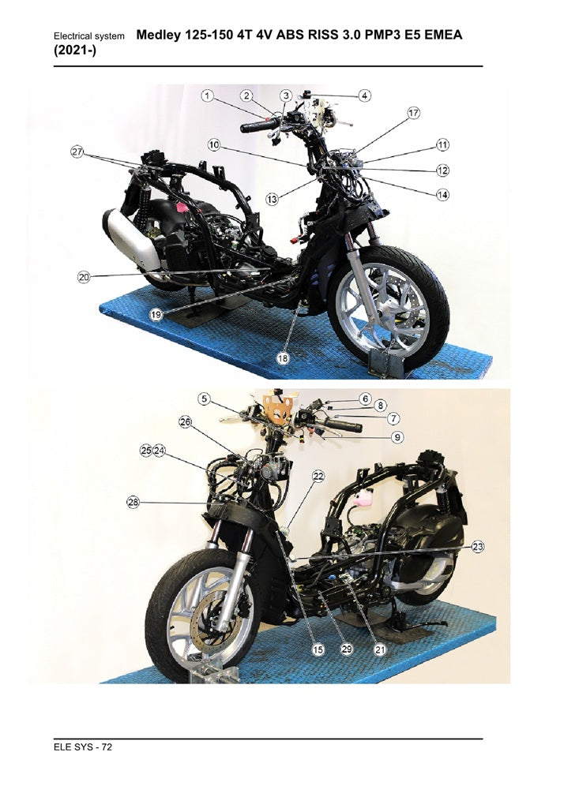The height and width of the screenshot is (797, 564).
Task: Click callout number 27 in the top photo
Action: point(77,152)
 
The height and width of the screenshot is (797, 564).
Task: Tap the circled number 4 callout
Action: point(364,95)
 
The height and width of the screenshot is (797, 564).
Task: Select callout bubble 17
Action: point(413,112)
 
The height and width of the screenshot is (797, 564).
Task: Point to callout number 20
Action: point(84,277)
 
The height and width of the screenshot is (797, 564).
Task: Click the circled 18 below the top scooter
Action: point(283,358)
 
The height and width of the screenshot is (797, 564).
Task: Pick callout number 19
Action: point(156,315)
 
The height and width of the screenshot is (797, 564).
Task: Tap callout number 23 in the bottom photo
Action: point(477,546)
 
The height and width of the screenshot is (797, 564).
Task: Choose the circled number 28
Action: point(133,502)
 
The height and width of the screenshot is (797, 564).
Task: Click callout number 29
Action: point(347,649)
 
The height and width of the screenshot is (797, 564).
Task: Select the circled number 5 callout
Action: point(204,399)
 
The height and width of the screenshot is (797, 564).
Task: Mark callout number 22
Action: point(318,477)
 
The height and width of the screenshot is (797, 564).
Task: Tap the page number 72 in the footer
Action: point(107,746)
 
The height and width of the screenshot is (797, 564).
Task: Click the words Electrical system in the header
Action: point(89,36)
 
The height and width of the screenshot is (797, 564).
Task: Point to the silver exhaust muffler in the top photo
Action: point(131,240)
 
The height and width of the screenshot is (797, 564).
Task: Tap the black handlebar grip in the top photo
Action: point(260,125)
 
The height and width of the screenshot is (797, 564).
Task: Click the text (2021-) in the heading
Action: point(75,51)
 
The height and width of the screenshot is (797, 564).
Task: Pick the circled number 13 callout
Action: point(273,199)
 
